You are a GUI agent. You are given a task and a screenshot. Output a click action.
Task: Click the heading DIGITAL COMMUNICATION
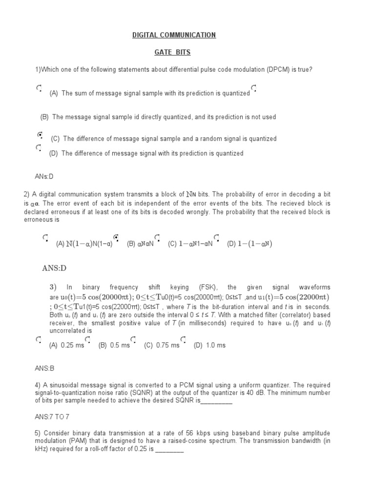coord(174,35)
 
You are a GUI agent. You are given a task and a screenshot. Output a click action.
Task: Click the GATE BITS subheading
coord(174,51)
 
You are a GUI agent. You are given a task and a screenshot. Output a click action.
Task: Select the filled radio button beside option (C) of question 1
coord(40,134)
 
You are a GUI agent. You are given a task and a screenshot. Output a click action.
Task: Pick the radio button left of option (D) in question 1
coord(38,147)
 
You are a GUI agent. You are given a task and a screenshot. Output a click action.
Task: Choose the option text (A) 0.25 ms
coord(66,345)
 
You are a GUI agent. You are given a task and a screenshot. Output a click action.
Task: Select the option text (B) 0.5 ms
coord(114,345)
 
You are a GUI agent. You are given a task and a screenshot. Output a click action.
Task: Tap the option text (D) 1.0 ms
coord(209,345)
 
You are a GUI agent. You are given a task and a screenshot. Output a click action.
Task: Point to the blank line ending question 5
coord(169,450)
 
